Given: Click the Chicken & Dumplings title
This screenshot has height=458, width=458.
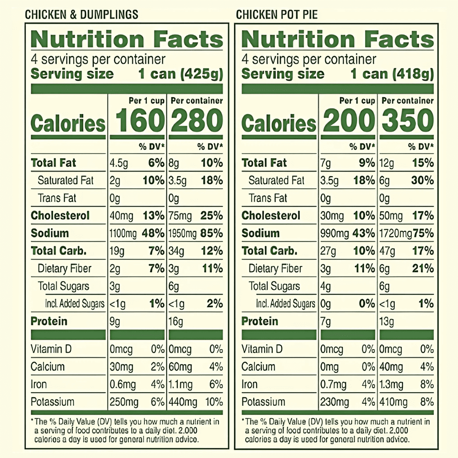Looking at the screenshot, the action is tap(81, 14).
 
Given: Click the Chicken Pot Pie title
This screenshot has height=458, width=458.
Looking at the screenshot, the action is tap(276, 14).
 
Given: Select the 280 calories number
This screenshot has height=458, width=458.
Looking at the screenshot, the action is tap(197, 120).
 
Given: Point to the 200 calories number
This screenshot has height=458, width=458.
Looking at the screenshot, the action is tap(349, 120).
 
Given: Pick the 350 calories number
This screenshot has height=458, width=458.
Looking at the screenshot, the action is tap(408, 120).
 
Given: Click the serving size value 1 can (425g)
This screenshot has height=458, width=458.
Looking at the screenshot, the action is tap(181, 74).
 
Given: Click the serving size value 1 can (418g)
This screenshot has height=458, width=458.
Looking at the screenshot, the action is tap(392, 74).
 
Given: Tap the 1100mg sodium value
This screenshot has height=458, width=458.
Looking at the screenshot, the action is tap(123, 233).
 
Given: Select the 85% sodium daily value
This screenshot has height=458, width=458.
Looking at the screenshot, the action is tap(212, 233).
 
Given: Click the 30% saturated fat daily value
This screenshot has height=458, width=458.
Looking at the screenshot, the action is tap(422, 181).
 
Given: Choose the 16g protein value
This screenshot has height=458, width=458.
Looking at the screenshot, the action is tap(176, 321).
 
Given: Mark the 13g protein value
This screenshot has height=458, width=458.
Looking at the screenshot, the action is tap(386, 321).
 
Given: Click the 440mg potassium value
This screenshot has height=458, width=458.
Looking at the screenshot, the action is tap(183, 402).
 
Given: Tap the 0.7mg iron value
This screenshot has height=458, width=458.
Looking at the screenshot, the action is tap(333, 385).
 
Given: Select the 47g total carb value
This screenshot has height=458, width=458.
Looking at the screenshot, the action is tap(387, 251).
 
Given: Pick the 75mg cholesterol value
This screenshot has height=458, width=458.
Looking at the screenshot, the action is tap(180, 216).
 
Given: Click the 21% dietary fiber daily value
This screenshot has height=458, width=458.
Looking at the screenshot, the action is tap(423, 268).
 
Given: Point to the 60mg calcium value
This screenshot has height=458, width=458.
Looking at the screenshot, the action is tap(180, 367).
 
